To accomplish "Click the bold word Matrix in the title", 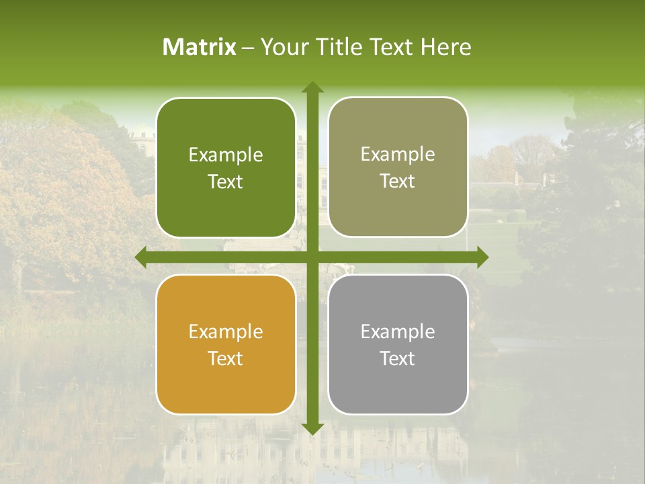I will [x=200, y=47].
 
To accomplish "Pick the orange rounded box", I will [x=226, y=383].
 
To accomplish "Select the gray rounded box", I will [x=398, y=383].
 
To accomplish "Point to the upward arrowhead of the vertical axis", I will [x=312, y=87].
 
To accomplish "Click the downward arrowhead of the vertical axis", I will [x=312, y=428].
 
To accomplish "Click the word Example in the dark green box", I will [x=226, y=155].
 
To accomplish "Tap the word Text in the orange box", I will [x=226, y=358].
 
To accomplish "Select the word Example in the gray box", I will [x=398, y=331].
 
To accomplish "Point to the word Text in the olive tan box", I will [x=398, y=182].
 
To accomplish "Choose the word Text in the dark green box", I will [x=226, y=182].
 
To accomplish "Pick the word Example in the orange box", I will [x=226, y=331].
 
